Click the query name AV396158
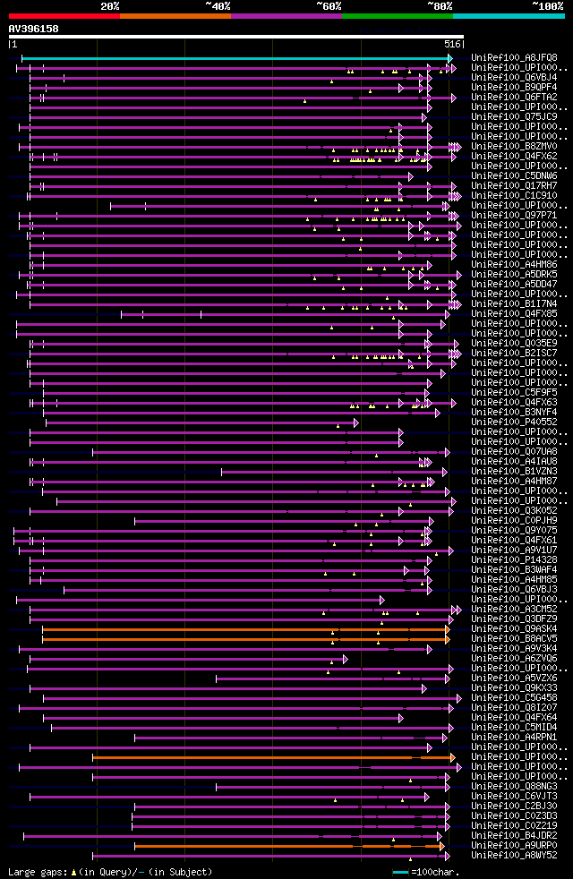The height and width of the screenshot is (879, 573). pyautogui.click(x=34, y=30)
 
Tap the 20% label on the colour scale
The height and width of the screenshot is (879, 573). pyautogui.click(x=110, y=6)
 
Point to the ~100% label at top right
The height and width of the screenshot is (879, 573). pyautogui.click(x=547, y=6)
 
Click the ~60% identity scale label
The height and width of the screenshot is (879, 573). pyautogui.click(x=329, y=6)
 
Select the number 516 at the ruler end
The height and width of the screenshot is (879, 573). pyautogui.click(x=452, y=44)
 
